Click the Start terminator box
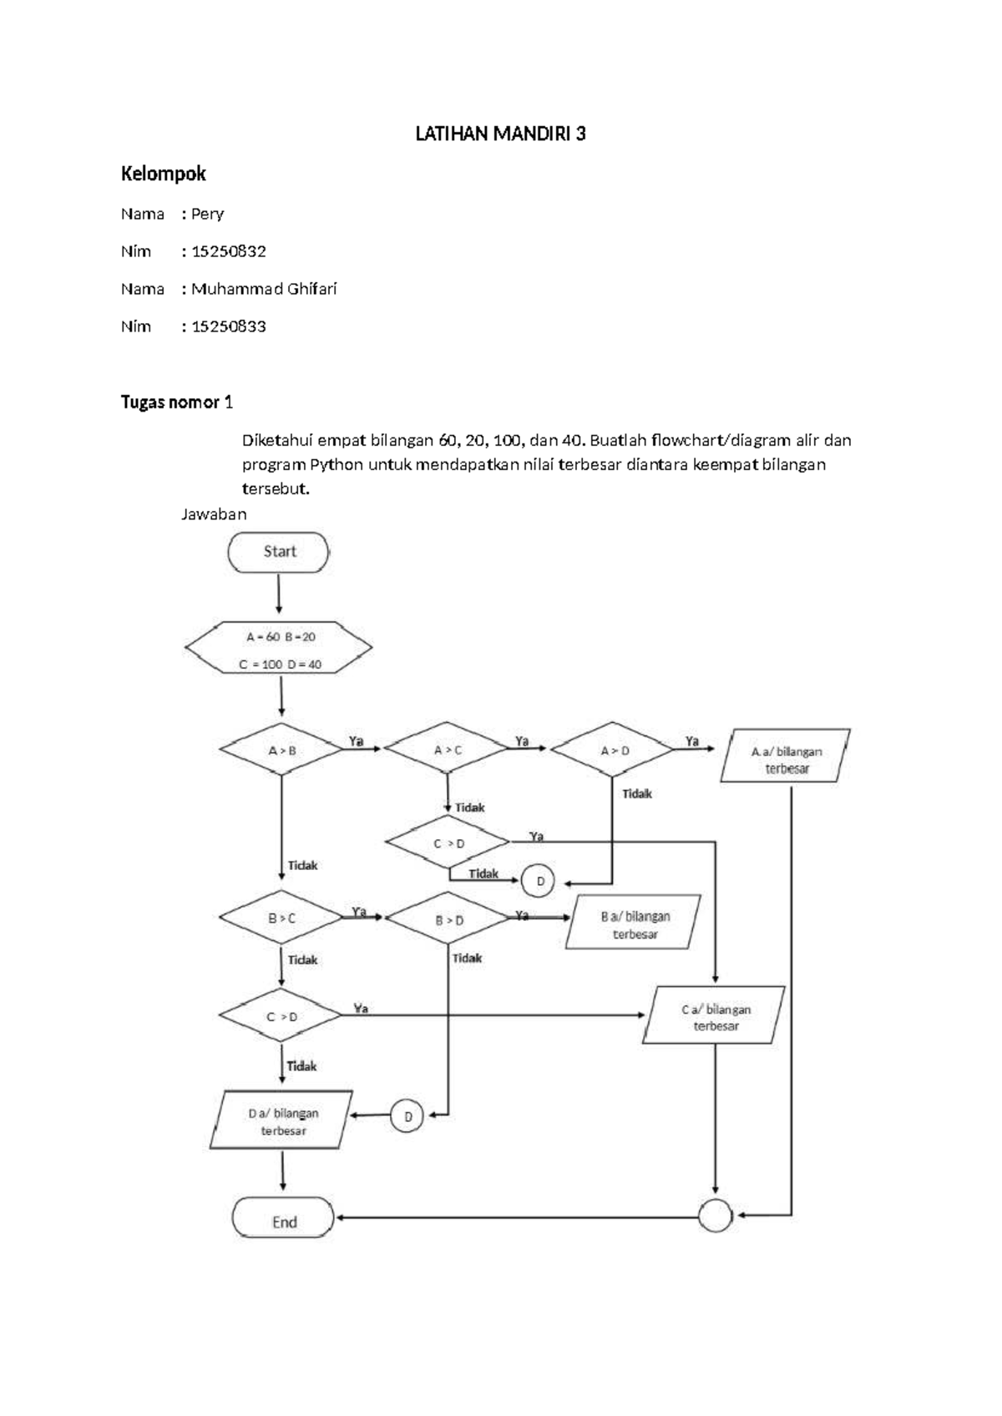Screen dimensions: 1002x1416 278,552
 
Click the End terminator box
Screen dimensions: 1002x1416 282,1221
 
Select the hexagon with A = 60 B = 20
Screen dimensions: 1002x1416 278,647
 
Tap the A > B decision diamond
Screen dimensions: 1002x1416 281,749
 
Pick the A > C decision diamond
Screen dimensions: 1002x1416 447,748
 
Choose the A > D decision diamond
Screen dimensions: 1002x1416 612,749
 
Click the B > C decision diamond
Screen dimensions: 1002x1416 281,918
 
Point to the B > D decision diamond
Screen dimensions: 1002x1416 448,918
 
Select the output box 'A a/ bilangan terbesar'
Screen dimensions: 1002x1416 785,756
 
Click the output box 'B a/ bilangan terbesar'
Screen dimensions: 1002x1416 634,922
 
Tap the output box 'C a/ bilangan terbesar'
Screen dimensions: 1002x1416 714,1014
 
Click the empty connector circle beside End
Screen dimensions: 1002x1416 715,1216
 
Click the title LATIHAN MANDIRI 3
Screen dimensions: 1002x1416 500,134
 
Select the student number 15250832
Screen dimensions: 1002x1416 228,251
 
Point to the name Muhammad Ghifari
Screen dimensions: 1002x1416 264,289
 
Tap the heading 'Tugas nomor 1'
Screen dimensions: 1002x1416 176,402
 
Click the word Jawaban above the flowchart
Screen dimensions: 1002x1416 214,514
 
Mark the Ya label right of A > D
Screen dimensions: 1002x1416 692,741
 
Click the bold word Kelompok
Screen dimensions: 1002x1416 163,174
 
